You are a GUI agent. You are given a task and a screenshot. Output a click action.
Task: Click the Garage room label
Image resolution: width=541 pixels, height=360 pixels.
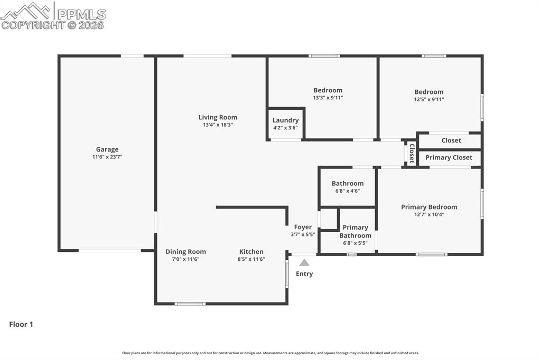coord(107,149)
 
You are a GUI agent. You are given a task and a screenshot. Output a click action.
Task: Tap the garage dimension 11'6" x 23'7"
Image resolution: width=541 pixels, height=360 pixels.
coord(107,157)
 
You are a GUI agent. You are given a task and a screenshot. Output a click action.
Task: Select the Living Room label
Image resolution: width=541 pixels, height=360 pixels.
coord(218,117)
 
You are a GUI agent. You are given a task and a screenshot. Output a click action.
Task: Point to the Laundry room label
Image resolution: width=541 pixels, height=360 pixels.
coord(285,120)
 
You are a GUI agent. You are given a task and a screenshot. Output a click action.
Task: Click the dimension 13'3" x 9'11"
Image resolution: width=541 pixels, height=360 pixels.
coord(328,98)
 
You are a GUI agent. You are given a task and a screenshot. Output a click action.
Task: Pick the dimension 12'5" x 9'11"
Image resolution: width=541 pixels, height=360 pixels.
coord(428,99)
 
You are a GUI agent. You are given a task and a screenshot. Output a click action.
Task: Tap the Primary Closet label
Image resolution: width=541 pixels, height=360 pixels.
coord(449,157)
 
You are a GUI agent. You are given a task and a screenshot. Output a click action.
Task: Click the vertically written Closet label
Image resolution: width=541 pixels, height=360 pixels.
coord(412,153)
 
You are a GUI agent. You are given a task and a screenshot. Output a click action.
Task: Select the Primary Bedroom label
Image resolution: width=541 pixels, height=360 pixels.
coord(429,207)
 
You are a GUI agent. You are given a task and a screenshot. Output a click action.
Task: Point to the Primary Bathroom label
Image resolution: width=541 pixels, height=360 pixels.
coord(355,232)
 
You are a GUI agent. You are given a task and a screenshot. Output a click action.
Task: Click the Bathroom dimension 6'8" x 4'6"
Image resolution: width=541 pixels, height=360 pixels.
coord(347,191)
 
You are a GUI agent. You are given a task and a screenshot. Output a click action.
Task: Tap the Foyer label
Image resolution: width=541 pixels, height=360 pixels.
coord(303,227)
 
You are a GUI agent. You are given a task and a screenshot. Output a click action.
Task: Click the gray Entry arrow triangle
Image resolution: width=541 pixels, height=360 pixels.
coord(304,262)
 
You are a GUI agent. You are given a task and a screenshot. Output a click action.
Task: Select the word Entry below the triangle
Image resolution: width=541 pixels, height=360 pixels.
coord(304,273)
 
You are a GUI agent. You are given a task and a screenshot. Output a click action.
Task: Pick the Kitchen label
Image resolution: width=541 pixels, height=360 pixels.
coord(251,252)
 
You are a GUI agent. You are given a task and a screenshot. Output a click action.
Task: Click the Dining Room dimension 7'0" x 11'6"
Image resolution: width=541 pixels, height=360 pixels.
coord(185,259)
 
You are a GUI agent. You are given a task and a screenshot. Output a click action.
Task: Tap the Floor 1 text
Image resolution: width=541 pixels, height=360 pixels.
coord(21,325)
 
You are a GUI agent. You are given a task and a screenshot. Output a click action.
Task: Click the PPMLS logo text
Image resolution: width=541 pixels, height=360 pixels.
coord(81,14)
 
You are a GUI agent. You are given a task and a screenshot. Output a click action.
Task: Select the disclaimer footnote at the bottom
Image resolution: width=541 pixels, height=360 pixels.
coord(270,353)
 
